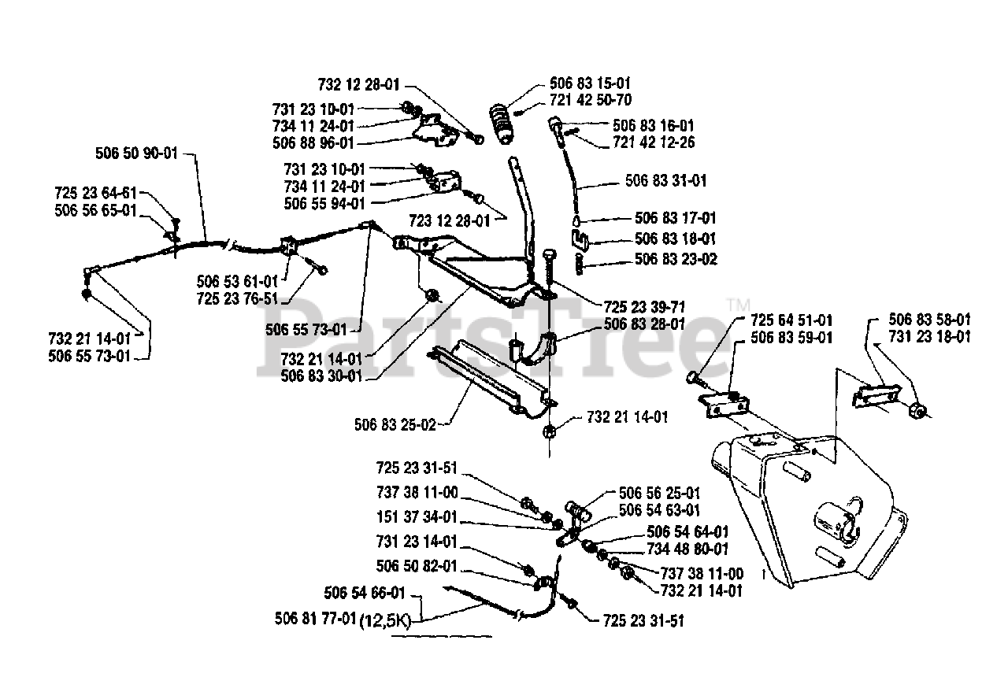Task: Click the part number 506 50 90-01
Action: coord(137,154)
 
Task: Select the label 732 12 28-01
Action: coord(358,84)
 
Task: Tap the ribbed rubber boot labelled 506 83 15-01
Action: coord(502,124)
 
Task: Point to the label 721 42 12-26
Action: coord(654,142)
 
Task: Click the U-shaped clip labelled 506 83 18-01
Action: coord(580,239)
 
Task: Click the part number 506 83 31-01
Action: coord(666,181)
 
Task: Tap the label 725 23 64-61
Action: coord(95,193)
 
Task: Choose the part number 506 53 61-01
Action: coord(237,282)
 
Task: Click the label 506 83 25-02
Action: coord(395,424)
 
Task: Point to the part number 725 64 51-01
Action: coord(791,320)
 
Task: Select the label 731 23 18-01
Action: coord(930,337)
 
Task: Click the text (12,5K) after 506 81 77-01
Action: coord(386,621)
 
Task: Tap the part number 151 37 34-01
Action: coord(417,517)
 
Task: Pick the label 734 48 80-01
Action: coord(687,549)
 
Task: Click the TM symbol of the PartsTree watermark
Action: coord(739,305)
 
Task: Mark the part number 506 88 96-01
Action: coord(313,143)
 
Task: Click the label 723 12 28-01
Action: coord(450,221)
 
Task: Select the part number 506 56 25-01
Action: coord(660,494)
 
